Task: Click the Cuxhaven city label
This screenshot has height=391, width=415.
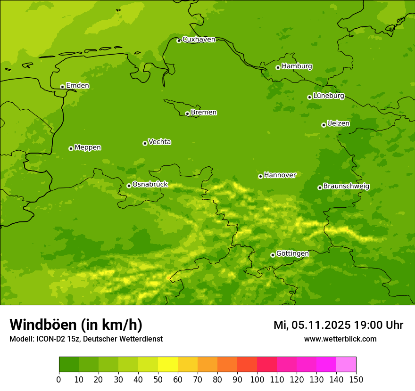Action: tap(199, 40)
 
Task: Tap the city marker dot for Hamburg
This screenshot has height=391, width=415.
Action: tap(278, 67)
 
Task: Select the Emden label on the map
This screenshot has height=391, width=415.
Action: tap(77, 86)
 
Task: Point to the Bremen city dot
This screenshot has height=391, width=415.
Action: tap(187, 114)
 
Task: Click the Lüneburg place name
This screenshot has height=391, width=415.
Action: tap(328, 96)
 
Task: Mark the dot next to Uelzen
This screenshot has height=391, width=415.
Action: tap(324, 125)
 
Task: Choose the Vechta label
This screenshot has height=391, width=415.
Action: tap(159, 142)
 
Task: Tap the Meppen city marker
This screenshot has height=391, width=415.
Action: tap(71, 148)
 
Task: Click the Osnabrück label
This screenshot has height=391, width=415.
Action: tap(150, 184)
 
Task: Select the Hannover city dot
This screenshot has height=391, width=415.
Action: tap(260, 176)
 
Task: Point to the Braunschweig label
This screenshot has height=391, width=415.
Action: tap(346, 186)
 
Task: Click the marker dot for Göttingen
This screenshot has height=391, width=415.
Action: tap(273, 255)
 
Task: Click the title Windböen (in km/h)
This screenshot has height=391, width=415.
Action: tap(76, 325)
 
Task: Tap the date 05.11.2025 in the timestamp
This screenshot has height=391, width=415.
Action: tap(321, 325)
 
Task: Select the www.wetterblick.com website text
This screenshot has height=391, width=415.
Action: tap(340, 339)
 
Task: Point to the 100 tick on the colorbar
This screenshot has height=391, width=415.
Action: tap(257, 379)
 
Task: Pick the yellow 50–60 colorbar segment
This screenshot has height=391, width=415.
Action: tap(168, 365)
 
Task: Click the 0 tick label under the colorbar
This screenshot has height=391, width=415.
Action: tap(59, 379)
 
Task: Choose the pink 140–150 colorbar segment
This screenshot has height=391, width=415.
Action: tap(346, 365)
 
